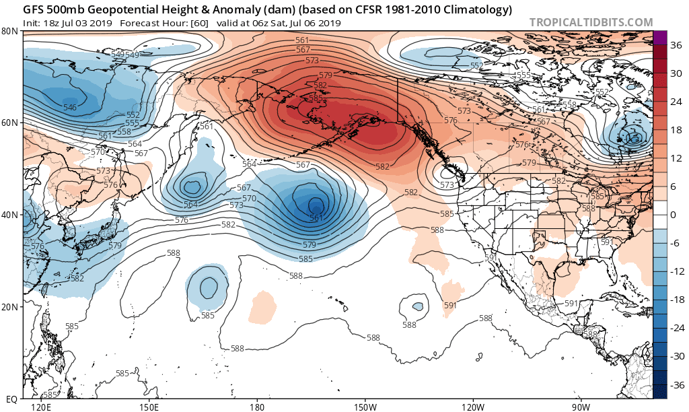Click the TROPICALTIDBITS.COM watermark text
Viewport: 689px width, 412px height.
591,22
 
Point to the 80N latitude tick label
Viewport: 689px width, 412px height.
9,32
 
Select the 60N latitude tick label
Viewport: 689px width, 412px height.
9,123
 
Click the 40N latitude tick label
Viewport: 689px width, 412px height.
9,215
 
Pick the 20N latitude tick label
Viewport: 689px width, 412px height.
9,306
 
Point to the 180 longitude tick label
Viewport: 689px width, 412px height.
257,407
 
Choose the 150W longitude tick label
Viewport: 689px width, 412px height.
365,407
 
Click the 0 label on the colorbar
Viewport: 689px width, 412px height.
673,215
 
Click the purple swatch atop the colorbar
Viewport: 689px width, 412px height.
660,38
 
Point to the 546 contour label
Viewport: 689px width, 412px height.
69,108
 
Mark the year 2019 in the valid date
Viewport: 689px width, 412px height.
329,23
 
